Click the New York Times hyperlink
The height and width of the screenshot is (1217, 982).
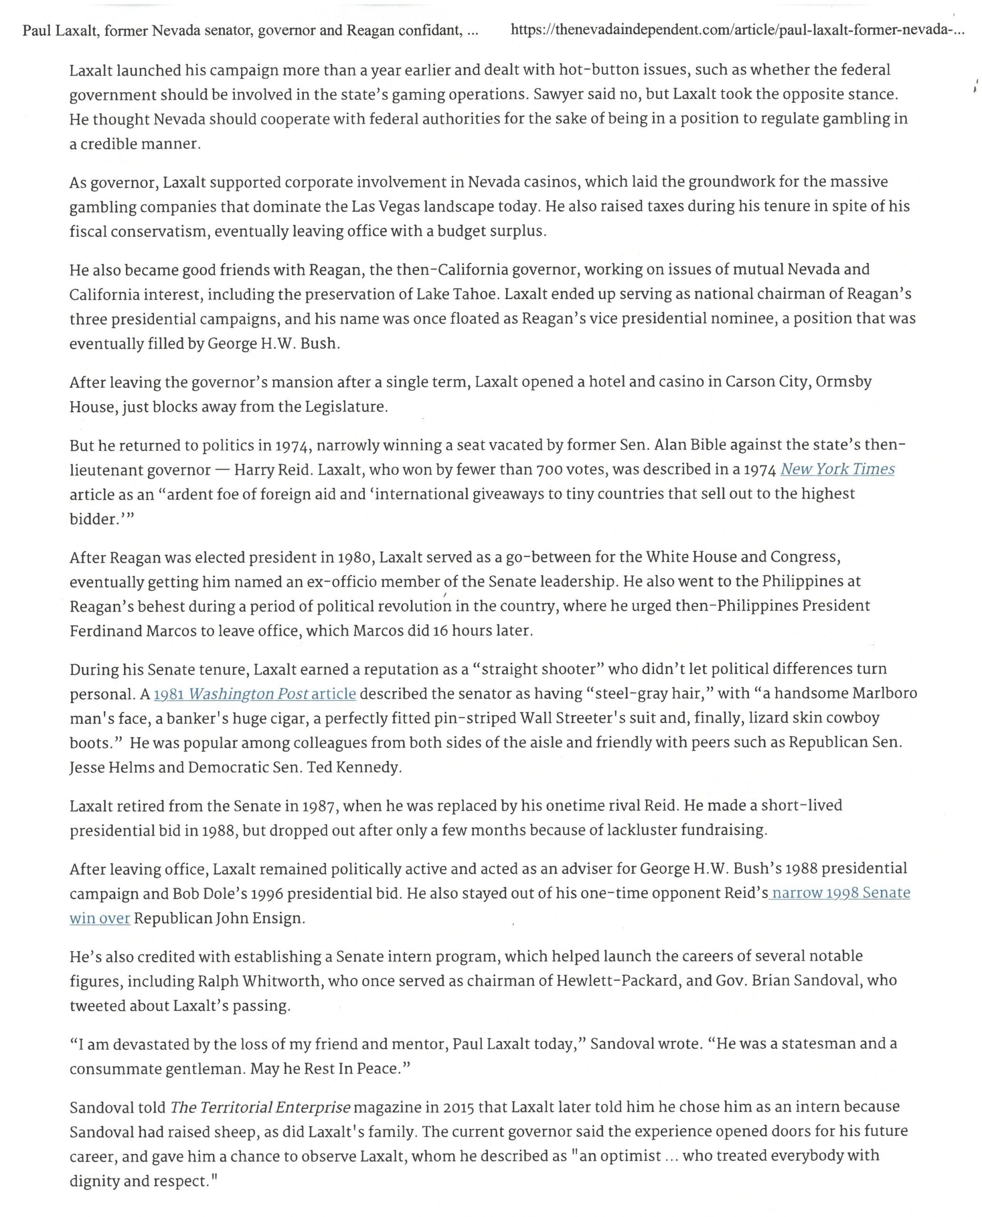(x=837, y=469)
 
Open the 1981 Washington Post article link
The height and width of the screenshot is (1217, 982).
(x=254, y=694)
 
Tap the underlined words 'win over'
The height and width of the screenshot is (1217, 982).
(x=99, y=918)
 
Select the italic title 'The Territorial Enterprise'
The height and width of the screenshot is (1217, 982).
(x=260, y=1107)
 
